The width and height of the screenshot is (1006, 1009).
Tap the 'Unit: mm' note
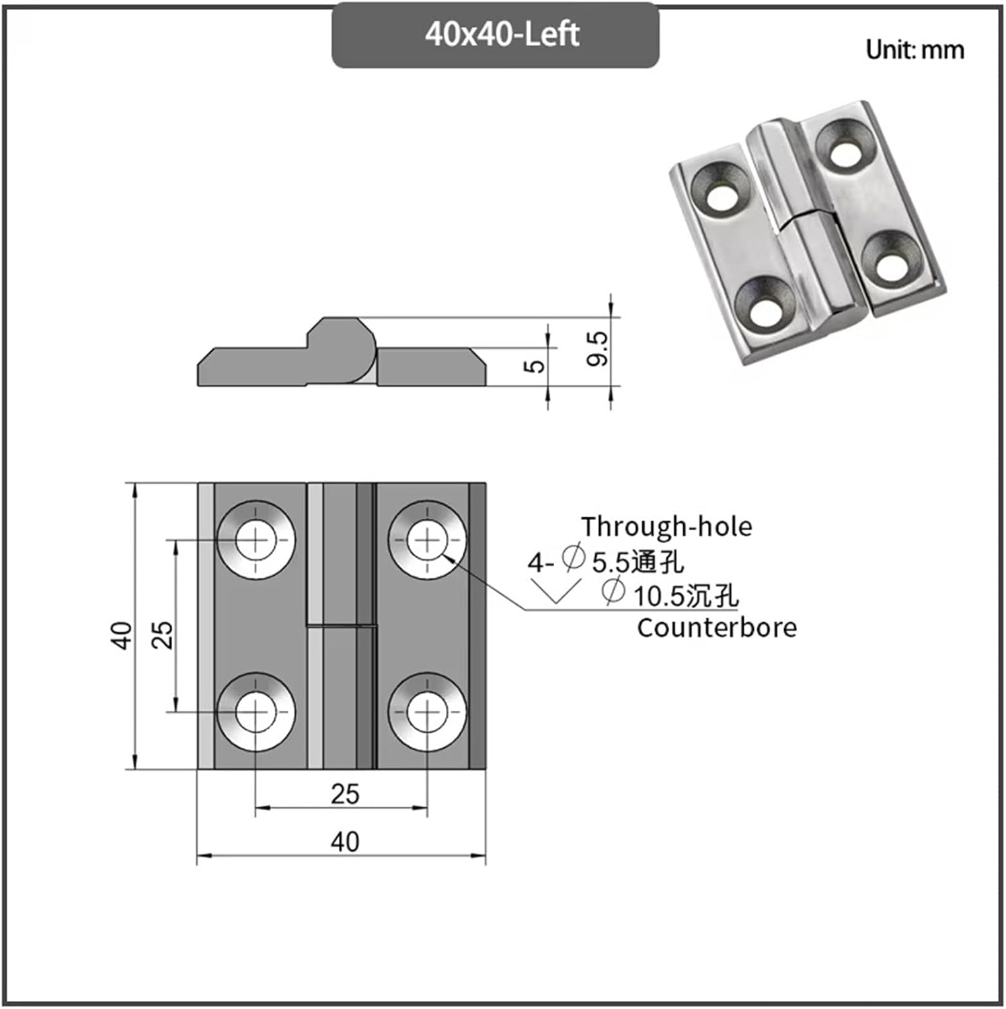pyautogui.click(x=914, y=50)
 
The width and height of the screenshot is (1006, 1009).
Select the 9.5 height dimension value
pyautogui.click(x=596, y=348)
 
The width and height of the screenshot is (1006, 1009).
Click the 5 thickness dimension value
pyautogui.click(x=535, y=366)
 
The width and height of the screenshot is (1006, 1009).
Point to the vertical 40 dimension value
pyautogui.click(x=122, y=635)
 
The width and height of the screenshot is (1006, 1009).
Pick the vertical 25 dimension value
pyautogui.click(x=163, y=634)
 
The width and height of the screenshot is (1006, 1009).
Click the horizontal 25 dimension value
pyautogui.click(x=344, y=794)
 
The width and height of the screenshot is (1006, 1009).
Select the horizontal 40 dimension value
pyautogui.click(x=344, y=842)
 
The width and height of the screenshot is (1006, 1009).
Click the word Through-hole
pyautogui.click(x=666, y=527)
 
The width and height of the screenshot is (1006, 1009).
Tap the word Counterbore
pyautogui.click(x=717, y=628)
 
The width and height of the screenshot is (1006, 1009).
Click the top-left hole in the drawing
pyautogui.click(x=256, y=540)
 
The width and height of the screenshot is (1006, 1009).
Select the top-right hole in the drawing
pyautogui.click(x=427, y=540)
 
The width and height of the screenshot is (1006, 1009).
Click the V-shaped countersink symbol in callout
pyautogui.click(x=555, y=591)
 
